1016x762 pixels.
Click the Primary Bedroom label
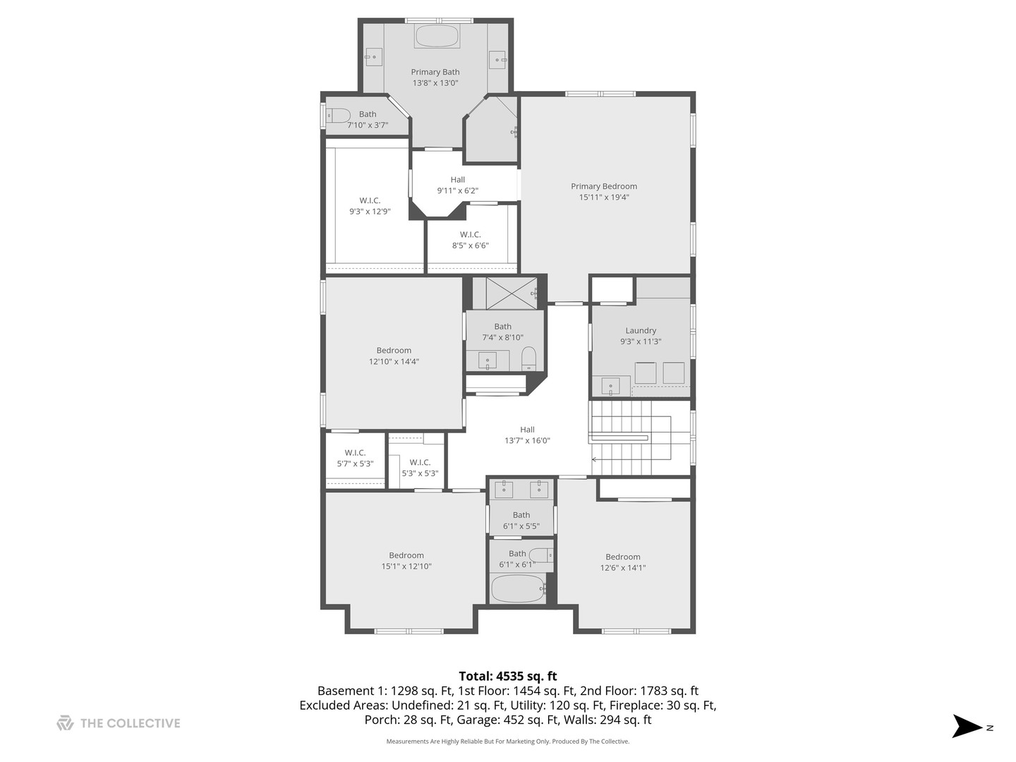pos(604,186)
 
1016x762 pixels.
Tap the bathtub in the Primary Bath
pos(437,36)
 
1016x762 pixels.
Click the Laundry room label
pos(641,330)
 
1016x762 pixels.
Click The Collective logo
pos(65,723)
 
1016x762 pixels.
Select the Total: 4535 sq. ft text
pos(507,676)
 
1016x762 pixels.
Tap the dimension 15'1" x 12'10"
pos(406,566)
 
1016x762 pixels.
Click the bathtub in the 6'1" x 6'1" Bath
pos(517,588)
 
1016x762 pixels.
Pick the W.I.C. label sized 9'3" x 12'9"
pos(370,200)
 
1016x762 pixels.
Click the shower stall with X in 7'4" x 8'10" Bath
pos(512,294)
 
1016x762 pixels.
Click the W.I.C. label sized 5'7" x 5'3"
pos(355,453)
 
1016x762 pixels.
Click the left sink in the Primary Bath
pos(373,57)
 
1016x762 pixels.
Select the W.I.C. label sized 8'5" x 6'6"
pos(471,234)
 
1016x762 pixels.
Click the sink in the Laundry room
pos(610,386)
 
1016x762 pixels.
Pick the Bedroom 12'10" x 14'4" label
pos(394,350)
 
